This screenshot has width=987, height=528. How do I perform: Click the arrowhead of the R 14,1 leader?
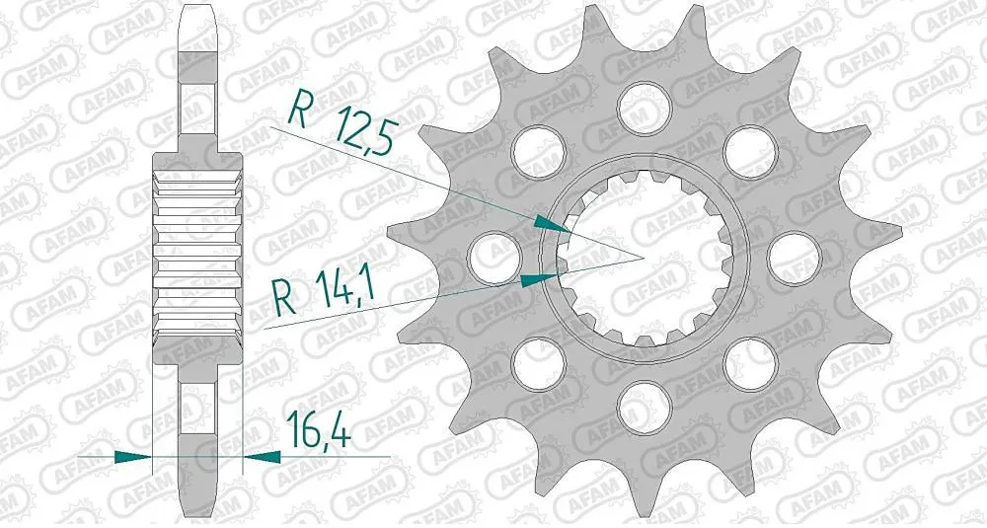(538, 279)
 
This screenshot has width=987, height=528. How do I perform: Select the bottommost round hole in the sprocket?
(640, 404)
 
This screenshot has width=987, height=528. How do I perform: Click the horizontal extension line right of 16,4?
(336, 456)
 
